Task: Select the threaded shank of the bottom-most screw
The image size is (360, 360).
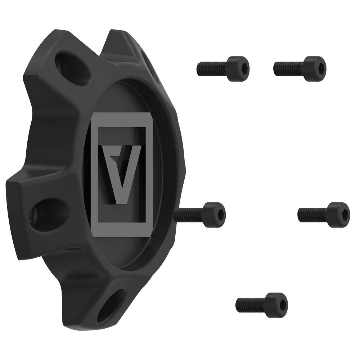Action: [x=251, y=305]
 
